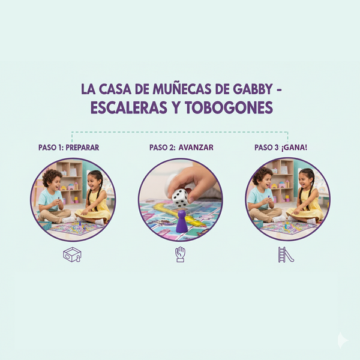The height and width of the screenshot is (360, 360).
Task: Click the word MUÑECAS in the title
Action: (182, 89)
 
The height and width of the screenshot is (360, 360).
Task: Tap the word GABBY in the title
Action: (253, 89)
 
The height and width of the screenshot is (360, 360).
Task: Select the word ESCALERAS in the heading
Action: (128, 107)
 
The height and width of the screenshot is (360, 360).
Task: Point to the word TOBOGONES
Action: (229, 107)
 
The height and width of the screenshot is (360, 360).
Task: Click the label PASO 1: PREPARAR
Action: (68, 148)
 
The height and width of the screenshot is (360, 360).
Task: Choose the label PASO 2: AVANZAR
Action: (181, 148)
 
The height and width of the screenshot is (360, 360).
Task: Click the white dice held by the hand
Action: (180, 197)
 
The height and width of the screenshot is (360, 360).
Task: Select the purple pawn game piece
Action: (181, 221)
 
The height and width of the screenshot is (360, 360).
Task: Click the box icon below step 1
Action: (72, 254)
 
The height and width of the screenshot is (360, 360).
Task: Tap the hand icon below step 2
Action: (181, 254)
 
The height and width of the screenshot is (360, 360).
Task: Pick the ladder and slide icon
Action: (286, 254)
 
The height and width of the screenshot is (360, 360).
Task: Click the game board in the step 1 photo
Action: (76, 228)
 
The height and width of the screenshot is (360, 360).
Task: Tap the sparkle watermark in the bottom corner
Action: (343, 340)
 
